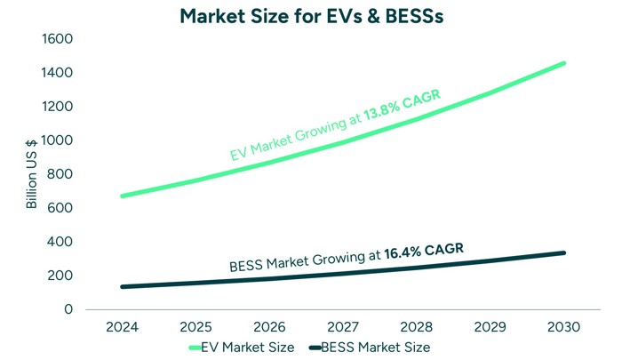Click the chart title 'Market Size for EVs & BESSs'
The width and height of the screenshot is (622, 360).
[311, 15]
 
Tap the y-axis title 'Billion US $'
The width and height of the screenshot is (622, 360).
[32, 174]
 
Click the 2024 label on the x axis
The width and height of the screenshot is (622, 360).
[122, 327]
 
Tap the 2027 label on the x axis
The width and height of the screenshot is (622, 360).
[343, 327]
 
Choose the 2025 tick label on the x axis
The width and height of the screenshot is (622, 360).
[195, 327]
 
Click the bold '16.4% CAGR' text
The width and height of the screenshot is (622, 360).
[423, 252]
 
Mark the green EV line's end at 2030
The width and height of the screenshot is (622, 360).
[563, 63]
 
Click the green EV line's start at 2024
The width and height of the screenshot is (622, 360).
[122, 196]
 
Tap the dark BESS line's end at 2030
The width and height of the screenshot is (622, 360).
[563, 252]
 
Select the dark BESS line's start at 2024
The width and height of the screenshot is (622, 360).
[122, 286]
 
